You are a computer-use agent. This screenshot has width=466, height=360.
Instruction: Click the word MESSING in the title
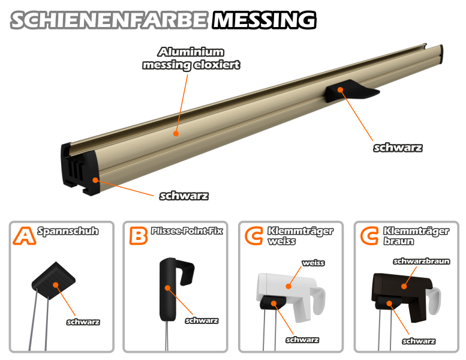(264, 20)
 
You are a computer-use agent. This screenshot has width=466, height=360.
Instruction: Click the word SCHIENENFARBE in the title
(109, 20)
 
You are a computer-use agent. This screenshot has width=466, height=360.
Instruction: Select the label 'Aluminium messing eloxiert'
(191, 58)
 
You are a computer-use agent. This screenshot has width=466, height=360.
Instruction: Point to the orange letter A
(24, 236)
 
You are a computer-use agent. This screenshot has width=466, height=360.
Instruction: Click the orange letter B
(138, 236)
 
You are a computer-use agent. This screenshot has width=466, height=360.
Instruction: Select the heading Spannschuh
(68, 231)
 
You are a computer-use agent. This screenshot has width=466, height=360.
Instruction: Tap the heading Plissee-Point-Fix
(187, 230)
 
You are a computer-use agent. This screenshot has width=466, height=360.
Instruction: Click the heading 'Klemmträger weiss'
(300, 236)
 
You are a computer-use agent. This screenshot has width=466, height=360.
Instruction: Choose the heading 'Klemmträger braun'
(416, 236)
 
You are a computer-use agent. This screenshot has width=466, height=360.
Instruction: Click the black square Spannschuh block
(53, 281)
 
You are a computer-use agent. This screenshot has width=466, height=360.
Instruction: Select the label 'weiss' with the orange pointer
(313, 263)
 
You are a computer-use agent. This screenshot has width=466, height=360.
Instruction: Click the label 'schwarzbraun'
(422, 262)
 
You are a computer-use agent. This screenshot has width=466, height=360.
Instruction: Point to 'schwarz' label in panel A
(83, 322)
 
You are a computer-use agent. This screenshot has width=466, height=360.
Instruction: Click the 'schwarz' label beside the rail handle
(398, 148)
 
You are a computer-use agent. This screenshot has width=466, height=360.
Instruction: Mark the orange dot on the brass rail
(176, 133)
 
